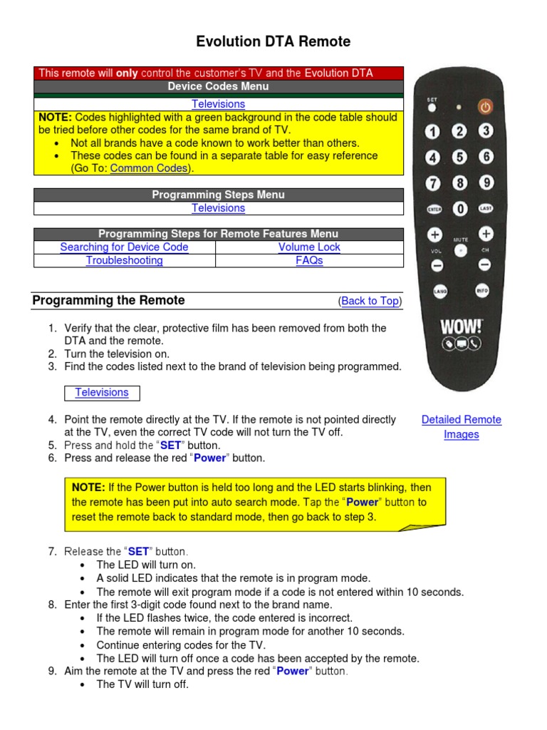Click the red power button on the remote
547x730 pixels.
484,107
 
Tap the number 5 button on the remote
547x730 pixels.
460,157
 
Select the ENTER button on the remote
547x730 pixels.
434,209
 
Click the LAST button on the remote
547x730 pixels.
485,208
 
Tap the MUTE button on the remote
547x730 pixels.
461,250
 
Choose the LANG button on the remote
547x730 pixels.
439,291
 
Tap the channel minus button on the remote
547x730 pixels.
485,264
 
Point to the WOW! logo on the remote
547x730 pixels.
461,327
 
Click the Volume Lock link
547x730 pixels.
309,247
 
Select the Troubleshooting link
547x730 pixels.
124,260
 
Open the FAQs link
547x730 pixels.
309,260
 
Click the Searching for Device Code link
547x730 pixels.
124,247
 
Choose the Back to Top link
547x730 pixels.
370,301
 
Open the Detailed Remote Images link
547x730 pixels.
461,427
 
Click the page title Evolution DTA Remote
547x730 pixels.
273,42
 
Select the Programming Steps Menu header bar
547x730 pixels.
219,195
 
